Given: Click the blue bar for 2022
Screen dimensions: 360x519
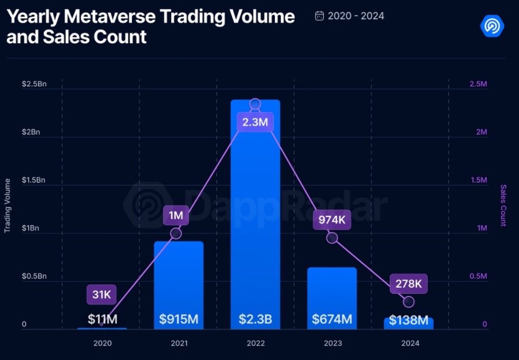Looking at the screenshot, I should click(255, 222).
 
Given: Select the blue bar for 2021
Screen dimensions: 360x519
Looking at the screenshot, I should click(178, 280).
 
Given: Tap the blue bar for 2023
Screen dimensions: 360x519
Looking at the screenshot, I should click(332, 292).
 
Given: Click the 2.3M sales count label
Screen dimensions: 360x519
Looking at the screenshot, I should click(255, 123).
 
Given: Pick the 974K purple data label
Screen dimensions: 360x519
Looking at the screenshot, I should click(332, 220).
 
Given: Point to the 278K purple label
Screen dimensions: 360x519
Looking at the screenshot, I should click(408, 284).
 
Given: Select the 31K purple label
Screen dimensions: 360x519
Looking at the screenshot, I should click(101, 295).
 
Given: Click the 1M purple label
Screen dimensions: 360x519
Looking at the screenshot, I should click(176, 215).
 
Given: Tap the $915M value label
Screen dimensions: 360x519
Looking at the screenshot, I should click(178, 320).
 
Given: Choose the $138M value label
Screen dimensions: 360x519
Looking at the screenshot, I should click(408, 320).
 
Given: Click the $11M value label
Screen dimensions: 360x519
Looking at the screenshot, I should click(103, 319).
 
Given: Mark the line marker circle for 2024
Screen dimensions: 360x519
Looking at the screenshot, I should click(409, 302).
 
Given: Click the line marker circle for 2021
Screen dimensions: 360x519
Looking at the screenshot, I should click(176, 233).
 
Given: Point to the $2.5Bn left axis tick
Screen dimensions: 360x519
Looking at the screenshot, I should click(34, 84).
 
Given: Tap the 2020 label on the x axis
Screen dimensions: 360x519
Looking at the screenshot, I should click(102, 343).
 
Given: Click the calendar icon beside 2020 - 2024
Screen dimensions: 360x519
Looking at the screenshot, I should click(319, 16).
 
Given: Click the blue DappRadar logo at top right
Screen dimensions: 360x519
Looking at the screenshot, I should click(492, 25).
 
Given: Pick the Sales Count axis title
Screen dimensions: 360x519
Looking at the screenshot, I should click(503, 205).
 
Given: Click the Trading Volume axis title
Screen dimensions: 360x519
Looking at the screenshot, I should click(8, 205).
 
